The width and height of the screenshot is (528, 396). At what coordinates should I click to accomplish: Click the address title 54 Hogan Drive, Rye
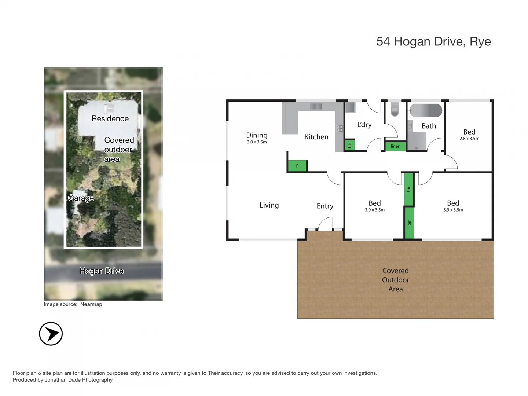[433, 41]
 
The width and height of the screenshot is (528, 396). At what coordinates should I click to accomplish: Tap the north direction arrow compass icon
[51, 334]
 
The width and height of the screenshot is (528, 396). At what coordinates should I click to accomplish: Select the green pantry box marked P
[297, 166]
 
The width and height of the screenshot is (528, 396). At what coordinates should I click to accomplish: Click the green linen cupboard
[395, 146]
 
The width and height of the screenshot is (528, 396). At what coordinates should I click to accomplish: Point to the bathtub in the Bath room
[426, 110]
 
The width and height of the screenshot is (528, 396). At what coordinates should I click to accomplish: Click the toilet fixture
[395, 109]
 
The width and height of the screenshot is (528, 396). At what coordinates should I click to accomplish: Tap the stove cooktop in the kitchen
[339, 128]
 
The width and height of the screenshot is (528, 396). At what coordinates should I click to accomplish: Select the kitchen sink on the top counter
[316, 106]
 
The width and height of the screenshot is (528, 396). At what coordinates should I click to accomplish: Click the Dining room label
[257, 135]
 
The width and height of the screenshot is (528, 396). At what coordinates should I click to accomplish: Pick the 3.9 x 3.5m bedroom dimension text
[453, 210]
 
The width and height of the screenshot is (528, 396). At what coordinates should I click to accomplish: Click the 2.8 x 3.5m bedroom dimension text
[469, 139]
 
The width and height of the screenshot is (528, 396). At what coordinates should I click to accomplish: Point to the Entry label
[325, 206]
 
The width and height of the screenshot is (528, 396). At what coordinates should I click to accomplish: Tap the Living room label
[269, 205]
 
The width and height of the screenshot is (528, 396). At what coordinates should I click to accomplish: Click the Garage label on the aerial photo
[81, 198]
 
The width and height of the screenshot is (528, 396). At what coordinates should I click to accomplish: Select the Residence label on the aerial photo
[110, 118]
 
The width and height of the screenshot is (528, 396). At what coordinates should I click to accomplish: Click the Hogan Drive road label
[102, 271]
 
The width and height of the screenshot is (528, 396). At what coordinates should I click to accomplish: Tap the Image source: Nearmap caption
[73, 304]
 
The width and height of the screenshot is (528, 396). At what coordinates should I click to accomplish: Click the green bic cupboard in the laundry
[350, 145]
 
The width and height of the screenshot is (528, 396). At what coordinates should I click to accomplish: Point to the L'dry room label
[364, 125]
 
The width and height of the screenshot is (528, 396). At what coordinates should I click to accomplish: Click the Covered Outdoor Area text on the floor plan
[395, 280]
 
